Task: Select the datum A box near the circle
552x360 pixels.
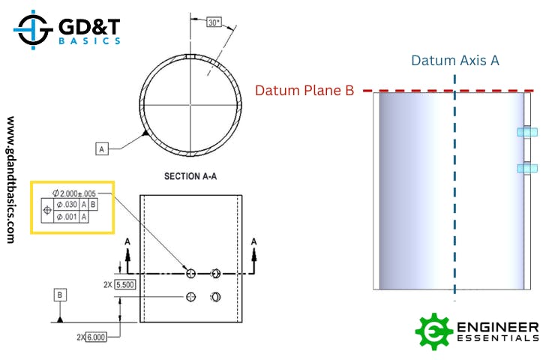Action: [x=103, y=149]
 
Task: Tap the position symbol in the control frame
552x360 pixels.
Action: [x=47, y=211]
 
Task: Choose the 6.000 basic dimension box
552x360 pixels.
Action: [x=97, y=337]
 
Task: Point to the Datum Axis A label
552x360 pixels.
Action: [x=455, y=60]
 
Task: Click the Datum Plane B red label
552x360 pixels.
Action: [x=304, y=91]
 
